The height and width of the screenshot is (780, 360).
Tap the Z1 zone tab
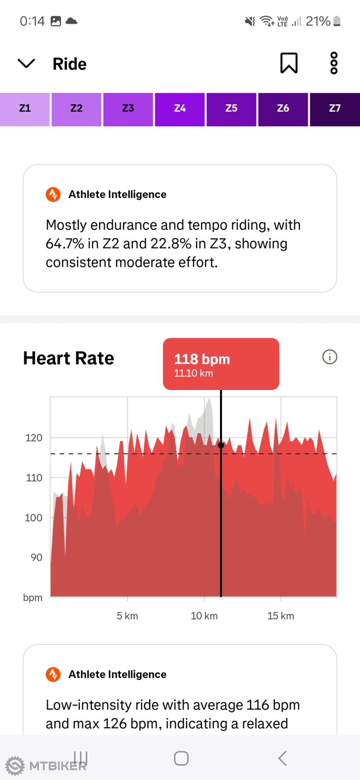(x=25, y=109)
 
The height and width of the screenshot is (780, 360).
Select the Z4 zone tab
(x=180, y=109)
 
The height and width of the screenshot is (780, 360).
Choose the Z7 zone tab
(x=335, y=109)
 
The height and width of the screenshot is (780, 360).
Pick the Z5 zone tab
(x=231, y=109)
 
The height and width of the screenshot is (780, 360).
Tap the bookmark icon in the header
(x=289, y=63)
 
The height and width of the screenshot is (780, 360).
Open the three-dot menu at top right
(x=334, y=63)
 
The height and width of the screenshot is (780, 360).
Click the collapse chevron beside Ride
(x=26, y=63)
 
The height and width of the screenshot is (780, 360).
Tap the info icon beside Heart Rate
(x=330, y=357)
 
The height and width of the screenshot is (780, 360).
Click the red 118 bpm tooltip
(x=220, y=364)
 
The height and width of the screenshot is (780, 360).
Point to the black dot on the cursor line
(x=221, y=445)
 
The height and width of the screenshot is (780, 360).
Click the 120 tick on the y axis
(x=34, y=438)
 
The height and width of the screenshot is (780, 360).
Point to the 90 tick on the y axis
(x=37, y=557)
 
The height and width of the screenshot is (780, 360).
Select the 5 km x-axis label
(x=127, y=616)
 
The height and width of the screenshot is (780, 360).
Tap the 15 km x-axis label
(x=280, y=616)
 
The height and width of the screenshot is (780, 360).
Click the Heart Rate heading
(x=69, y=358)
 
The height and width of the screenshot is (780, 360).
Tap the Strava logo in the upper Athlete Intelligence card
(x=53, y=195)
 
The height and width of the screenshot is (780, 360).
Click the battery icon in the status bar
(x=337, y=21)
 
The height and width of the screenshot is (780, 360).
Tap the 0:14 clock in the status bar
(x=32, y=21)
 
